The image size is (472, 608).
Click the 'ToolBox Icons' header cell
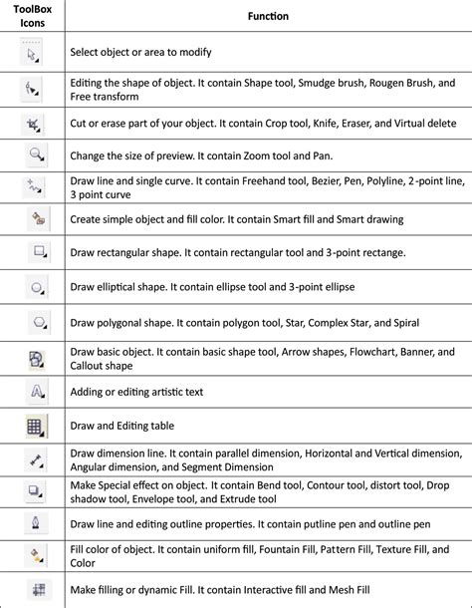35,17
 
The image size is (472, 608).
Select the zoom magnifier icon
36,154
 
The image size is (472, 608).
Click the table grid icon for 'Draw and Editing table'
36,426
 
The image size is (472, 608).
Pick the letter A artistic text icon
36,391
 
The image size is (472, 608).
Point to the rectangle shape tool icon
37,252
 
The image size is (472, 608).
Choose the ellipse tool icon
37,287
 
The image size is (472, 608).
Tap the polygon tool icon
37,322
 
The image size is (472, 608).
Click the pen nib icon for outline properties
36,523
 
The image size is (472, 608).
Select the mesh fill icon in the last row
36,589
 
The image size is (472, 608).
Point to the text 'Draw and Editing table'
123,426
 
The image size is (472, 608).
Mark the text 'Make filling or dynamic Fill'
137,589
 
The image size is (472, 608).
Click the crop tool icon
35,123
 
